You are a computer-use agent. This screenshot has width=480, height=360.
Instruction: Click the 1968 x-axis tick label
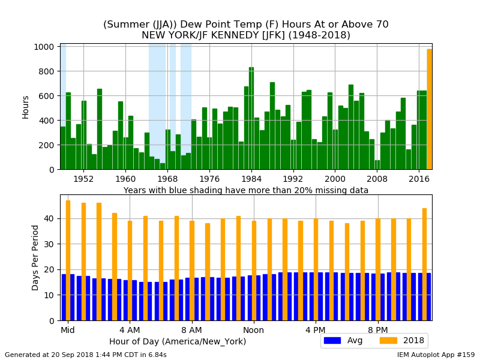click(167, 179)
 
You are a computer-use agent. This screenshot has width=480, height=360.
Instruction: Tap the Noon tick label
click(253, 330)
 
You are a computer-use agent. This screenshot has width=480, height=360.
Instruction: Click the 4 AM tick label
click(130, 330)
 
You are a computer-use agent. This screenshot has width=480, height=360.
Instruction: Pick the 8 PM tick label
click(378, 330)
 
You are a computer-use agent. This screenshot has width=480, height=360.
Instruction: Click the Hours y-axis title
click(26, 107)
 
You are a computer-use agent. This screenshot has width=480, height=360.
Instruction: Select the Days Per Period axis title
click(35, 257)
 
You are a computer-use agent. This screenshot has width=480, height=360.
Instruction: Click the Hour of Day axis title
click(178, 341)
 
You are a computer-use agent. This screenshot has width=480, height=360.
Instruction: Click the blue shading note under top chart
click(246, 190)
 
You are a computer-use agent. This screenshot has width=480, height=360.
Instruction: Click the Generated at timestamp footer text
click(86, 355)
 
